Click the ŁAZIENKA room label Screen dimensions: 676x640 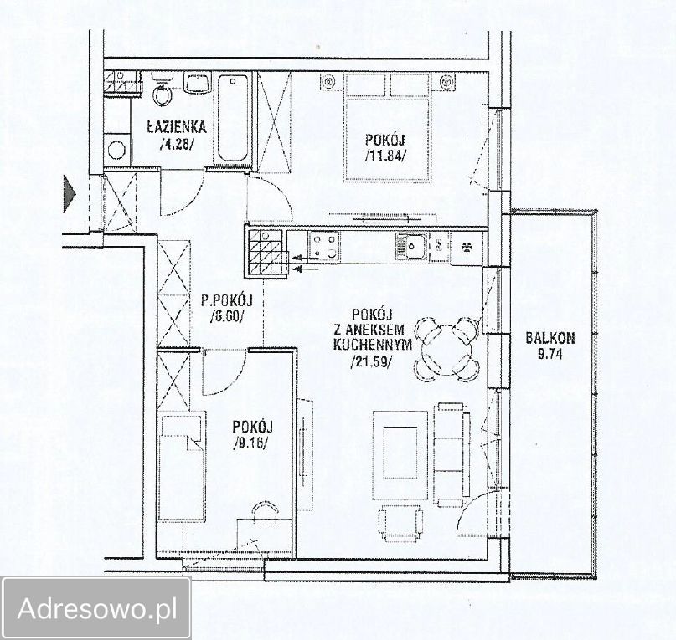tap(176, 127)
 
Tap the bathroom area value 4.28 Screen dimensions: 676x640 tap(177, 144)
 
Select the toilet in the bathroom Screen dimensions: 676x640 tap(163, 90)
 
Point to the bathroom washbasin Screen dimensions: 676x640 tap(198, 82)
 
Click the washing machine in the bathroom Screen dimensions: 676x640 tap(116, 149)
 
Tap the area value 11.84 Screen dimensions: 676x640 tap(385, 155)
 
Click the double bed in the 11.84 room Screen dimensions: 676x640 tap(388, 128)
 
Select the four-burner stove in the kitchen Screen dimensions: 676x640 tap(324, 246)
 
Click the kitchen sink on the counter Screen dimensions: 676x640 tap(411, 246)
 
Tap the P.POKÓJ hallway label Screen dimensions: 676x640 tap(226, 300)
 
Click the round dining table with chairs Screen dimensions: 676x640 tap(447, 350)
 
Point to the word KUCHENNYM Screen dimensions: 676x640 tap(373, 345)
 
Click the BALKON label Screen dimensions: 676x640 tap(550, 338)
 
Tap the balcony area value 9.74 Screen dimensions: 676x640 tap(550, 354)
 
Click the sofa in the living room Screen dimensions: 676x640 tap(452, 455)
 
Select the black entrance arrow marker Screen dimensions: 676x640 tap(70, 194)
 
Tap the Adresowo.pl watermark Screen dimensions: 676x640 tap(97, 608)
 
